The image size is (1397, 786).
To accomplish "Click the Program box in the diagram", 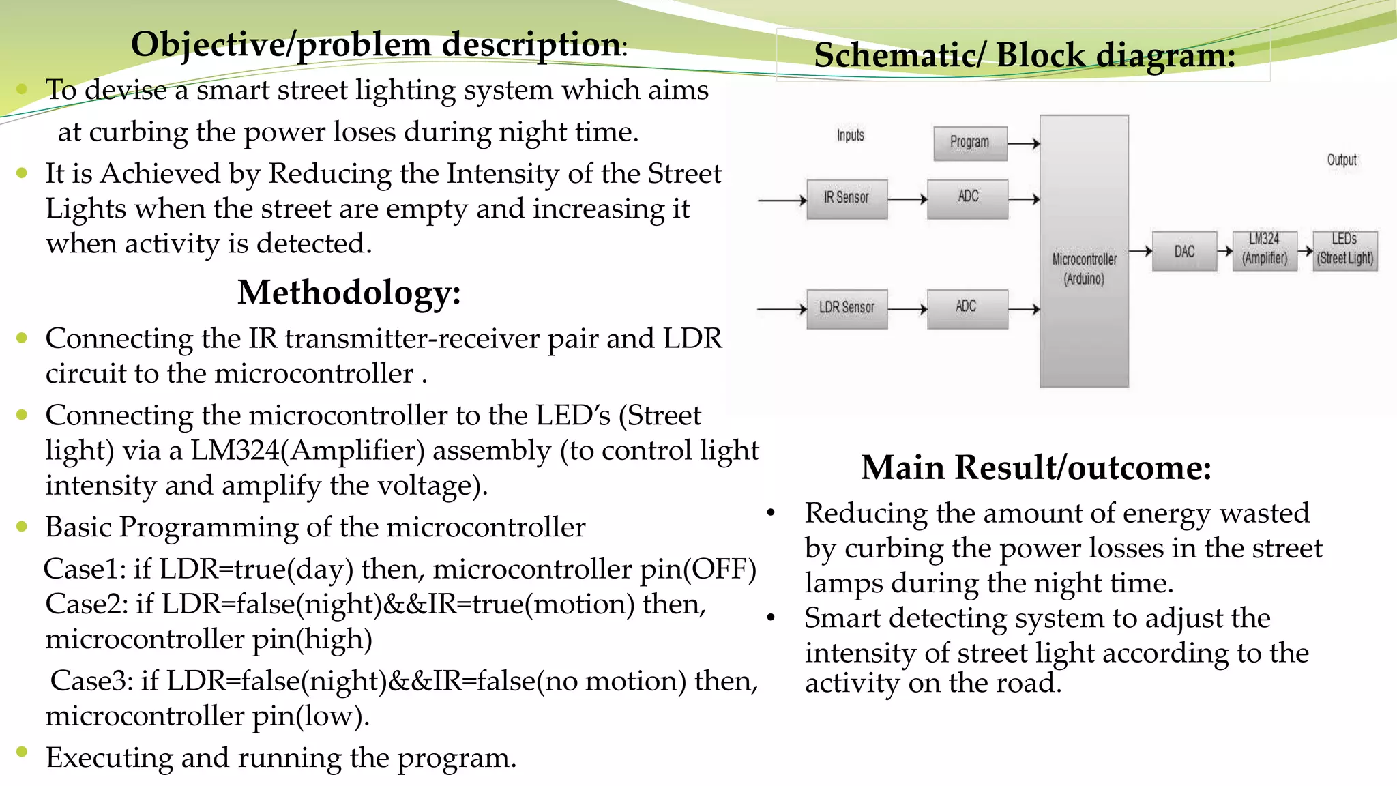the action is pos(969,143).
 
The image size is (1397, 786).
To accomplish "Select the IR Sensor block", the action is pos(847,199).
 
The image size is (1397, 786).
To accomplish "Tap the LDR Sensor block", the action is pos(847,308).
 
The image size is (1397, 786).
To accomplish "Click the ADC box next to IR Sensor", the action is pos(967,199).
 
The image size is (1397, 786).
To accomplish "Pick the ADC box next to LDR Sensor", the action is pos(967,308).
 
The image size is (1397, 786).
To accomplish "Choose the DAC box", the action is pos(1184,251).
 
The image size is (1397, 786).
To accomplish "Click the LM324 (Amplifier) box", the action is pos(1265,250).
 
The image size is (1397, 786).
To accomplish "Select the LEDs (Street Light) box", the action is pos(1345,250).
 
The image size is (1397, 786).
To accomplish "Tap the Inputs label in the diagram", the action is pos(851,135).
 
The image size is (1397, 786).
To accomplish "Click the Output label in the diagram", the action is pos(1342,160).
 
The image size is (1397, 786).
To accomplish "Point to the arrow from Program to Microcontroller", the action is pos(1023,143).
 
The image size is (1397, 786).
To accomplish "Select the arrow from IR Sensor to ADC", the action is pos(907,199).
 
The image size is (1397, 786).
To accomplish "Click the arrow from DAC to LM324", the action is pos(1225,251).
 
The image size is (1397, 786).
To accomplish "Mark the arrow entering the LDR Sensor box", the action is pos(782,309).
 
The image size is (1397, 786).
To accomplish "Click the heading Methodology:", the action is pos(349,293).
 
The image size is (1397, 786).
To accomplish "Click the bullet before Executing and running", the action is pos(23,752).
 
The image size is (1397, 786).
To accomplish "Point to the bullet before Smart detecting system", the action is pos(771,618).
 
